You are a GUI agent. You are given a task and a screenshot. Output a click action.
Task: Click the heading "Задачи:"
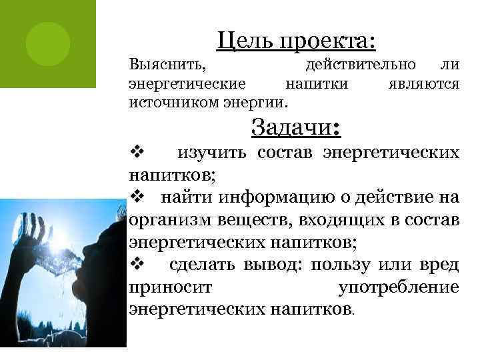click(296, 127)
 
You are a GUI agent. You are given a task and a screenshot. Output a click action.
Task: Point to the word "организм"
click(163, 221)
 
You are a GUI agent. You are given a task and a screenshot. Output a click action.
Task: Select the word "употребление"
click(399, 287)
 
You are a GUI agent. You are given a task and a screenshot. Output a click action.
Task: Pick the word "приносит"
click(169, 287)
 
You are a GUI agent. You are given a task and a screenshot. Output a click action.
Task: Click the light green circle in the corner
click(48, 41)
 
